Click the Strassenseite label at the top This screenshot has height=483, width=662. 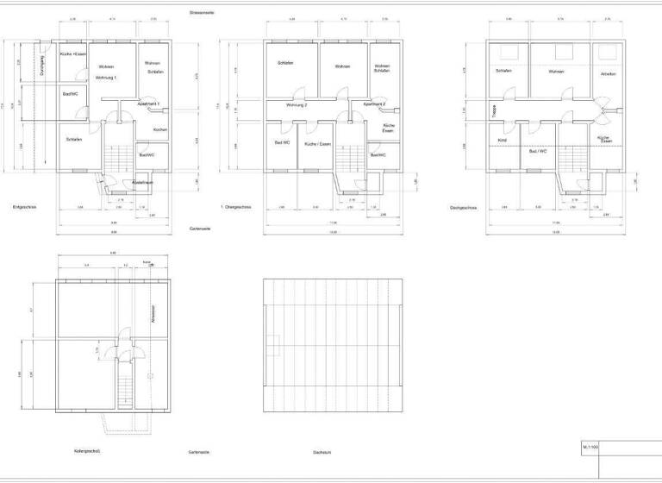pos(203,12)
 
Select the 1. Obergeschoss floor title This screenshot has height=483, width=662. pos(235,207)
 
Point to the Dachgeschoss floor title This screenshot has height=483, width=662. pos(465,207)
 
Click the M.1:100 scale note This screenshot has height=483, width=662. pos(590,448)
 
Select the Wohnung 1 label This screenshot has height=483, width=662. pos(105,78)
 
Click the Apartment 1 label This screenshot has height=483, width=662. pos(148,103)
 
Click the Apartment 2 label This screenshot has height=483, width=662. pos(374,103)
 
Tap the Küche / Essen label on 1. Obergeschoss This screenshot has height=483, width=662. pos(317,143)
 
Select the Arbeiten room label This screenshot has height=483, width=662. pos(609,73)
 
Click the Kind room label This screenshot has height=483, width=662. pos(502,140)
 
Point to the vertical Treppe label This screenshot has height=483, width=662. pos(488,110)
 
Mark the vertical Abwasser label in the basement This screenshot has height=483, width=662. pos(153,313)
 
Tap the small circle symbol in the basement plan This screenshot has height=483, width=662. pos(150,375)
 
